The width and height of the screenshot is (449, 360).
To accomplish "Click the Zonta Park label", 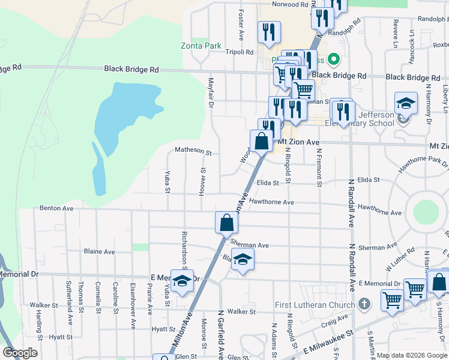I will tap(201, 46).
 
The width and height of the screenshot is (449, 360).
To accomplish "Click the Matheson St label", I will tap(193, 152).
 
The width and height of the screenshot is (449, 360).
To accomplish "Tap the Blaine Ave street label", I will tap(99, 251).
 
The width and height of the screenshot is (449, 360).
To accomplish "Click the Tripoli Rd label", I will tap(240, 52).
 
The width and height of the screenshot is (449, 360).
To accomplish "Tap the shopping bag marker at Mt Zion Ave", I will tap(262, 142).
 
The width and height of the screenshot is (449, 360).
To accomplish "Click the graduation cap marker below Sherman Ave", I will tap(243, 259).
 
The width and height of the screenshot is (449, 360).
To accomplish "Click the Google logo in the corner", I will tap(20, 353).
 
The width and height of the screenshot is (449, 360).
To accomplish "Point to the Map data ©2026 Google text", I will tap(412, 355).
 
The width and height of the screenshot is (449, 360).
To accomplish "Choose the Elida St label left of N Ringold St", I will tap(268, 183).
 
